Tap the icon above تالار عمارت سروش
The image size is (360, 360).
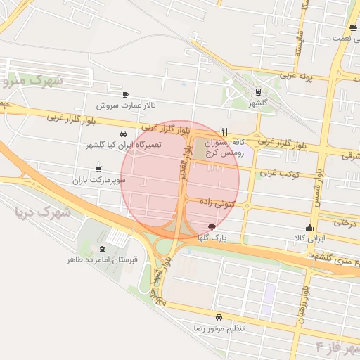(x=125, y=94)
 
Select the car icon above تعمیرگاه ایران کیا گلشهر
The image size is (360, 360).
(x=124, y=134)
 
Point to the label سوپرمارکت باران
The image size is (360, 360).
(x=98, y=180)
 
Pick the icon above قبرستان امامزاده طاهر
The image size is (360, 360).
(x=103, y=249)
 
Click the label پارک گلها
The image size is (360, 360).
(x=213, y=238)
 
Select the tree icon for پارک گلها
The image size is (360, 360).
(x=212, y=227)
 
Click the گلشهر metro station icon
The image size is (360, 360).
(x=258, y=91)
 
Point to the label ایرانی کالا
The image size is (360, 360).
(x=310, y=238)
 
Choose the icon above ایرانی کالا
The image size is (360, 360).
(x=309, y=227)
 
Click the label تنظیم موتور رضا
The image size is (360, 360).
(x=219, y=328)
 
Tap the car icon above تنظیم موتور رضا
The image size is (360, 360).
(x=219, y=317)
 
